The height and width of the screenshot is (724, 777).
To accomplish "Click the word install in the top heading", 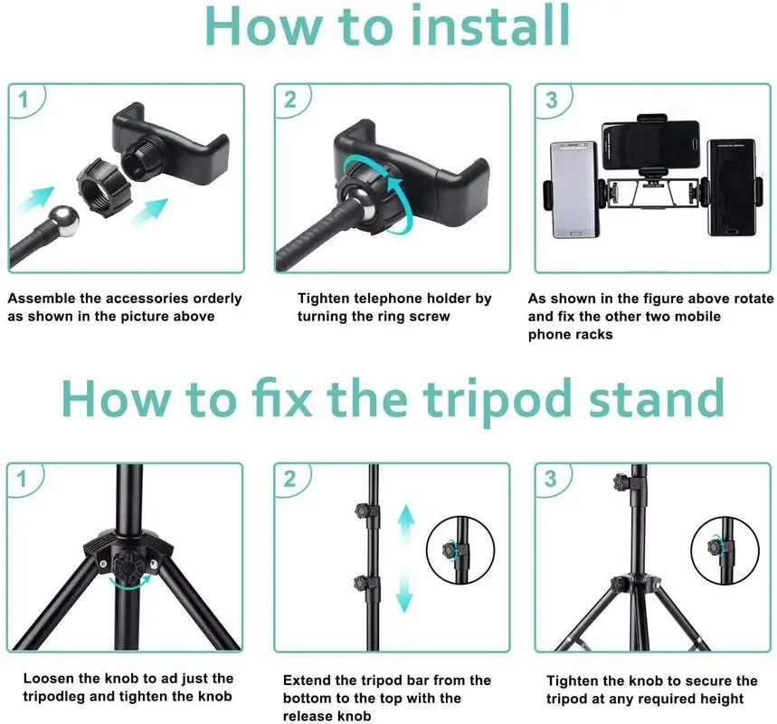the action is pos(490,25).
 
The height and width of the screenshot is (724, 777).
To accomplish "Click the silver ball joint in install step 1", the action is pos(66,220).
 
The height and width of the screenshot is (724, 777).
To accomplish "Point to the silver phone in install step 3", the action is pos(574,189).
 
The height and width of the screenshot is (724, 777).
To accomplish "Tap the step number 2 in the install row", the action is pos(289,100).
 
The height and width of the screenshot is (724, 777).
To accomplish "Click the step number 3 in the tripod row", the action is pos(551,479).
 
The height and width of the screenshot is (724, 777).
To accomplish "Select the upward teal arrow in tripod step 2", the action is pos(406,527).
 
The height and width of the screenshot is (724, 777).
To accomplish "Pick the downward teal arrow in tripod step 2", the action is pos(405,590).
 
